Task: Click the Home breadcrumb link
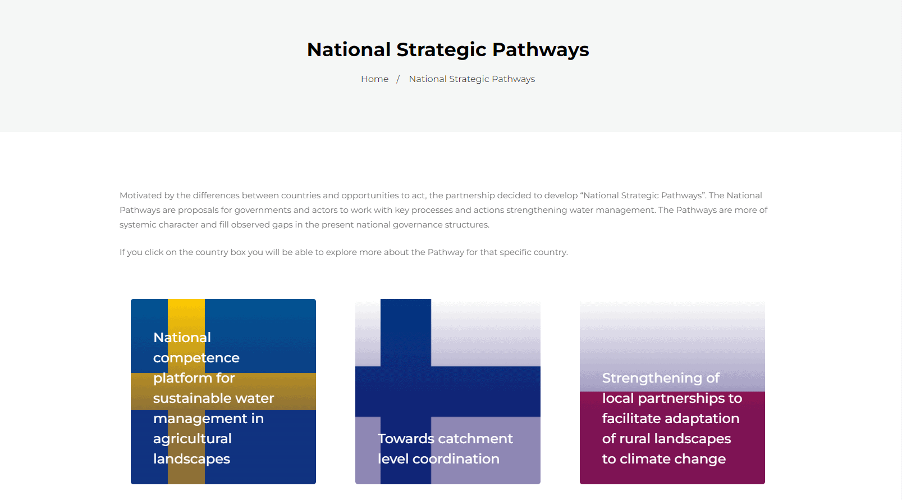(374, 79)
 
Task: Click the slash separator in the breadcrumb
(398, 79)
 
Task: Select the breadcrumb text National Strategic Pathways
(472, 79)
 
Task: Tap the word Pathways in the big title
(541, 50)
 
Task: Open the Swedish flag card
(223, 391)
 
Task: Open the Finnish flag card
(448, 391)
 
